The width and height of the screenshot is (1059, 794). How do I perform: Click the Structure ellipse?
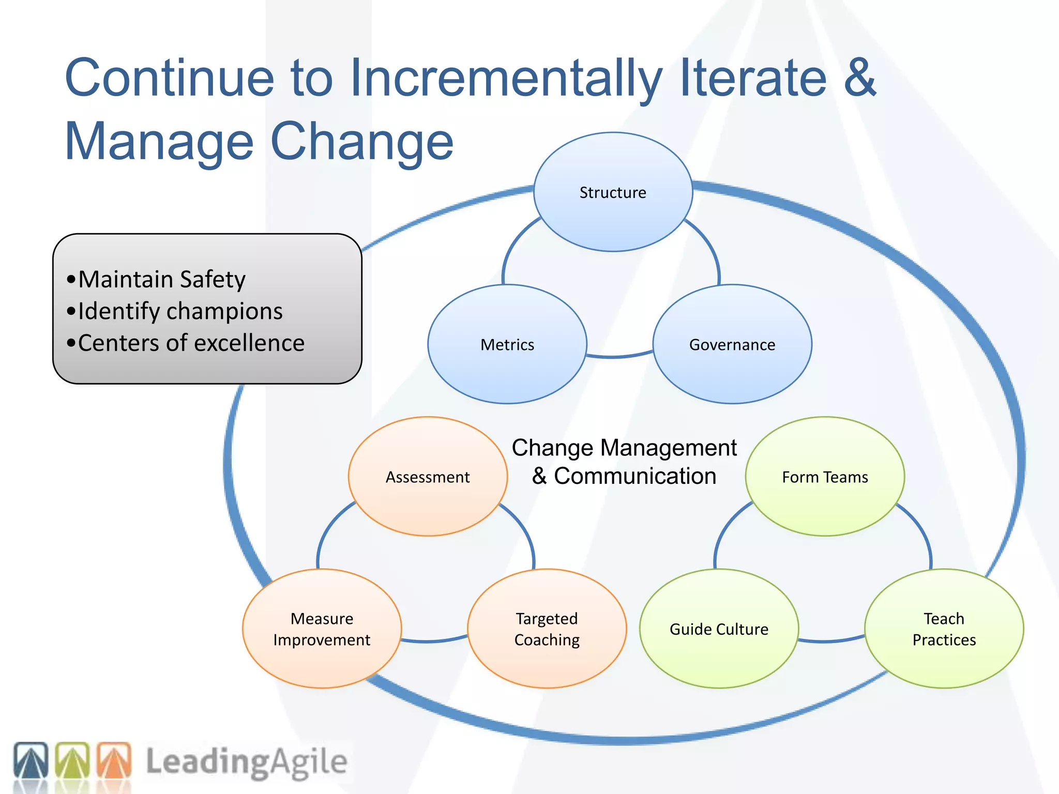613,192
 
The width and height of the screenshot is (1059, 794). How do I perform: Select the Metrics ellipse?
507,344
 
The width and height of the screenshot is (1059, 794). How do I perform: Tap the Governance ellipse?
732,344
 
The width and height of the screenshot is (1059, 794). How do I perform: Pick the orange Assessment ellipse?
428,477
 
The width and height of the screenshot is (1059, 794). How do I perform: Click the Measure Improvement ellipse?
322,629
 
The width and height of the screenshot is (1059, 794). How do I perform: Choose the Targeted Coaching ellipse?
547,629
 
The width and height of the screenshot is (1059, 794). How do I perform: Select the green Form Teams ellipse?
825,477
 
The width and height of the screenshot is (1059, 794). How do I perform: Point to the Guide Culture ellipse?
719,629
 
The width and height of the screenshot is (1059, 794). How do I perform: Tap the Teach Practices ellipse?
944,629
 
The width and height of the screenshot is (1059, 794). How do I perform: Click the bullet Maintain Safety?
161,280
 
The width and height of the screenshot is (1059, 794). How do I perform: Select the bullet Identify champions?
180,311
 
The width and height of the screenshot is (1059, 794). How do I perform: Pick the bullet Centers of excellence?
191,343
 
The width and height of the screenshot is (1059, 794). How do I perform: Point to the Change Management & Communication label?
624,462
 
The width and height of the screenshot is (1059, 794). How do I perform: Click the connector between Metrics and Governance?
619,356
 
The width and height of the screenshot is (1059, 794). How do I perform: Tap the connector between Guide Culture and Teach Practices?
831,640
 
